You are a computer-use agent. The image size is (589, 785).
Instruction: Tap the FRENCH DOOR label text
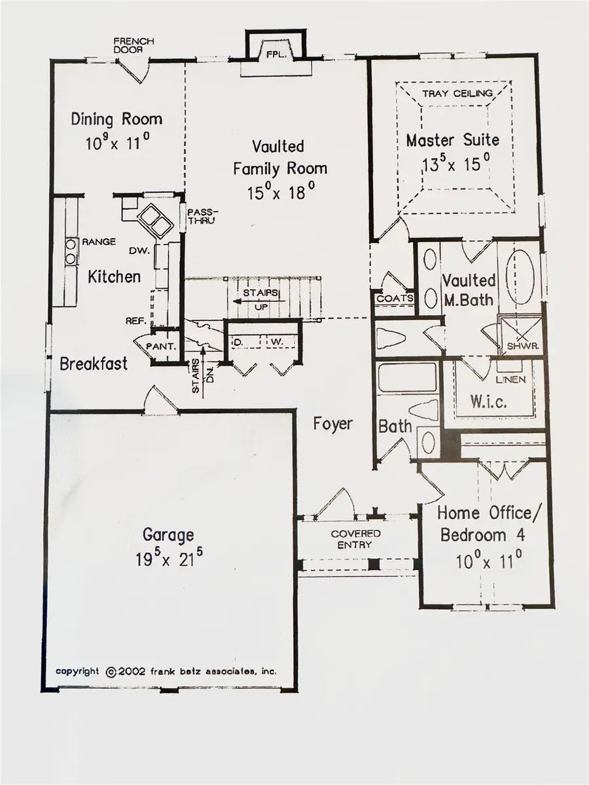133,45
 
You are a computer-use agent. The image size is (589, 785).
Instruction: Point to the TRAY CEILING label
457,94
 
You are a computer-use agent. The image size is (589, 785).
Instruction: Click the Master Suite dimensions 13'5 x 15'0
453,163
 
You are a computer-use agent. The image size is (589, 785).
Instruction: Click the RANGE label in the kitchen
99,242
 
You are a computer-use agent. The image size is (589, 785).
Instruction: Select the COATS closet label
395,298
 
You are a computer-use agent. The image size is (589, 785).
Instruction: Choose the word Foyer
332,424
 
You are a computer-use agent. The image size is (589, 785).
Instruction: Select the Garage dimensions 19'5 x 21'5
169,559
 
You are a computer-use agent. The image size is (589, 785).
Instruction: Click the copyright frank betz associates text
166,671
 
